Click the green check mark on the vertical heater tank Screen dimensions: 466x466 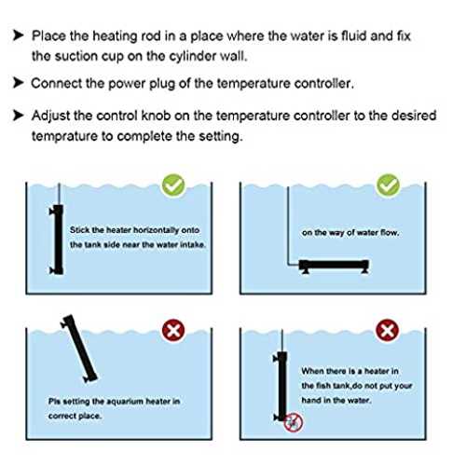(173, 185)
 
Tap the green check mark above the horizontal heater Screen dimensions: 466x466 (388, 185)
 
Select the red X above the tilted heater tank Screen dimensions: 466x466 (173, 331)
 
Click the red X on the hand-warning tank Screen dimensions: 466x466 (388, 331)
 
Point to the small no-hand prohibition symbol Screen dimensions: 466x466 (293, 422)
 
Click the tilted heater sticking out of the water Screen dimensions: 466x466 (79, 349)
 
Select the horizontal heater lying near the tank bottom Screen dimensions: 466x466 (334, 267)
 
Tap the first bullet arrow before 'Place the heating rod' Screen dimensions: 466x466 (19, 35)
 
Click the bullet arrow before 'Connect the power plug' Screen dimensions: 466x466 (19, 83)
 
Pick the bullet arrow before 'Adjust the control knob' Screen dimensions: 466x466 (19, 116)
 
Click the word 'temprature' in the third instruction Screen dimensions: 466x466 (64, 136)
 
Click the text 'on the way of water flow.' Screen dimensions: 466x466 (350, 232)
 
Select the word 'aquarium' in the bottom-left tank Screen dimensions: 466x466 (125, 402)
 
